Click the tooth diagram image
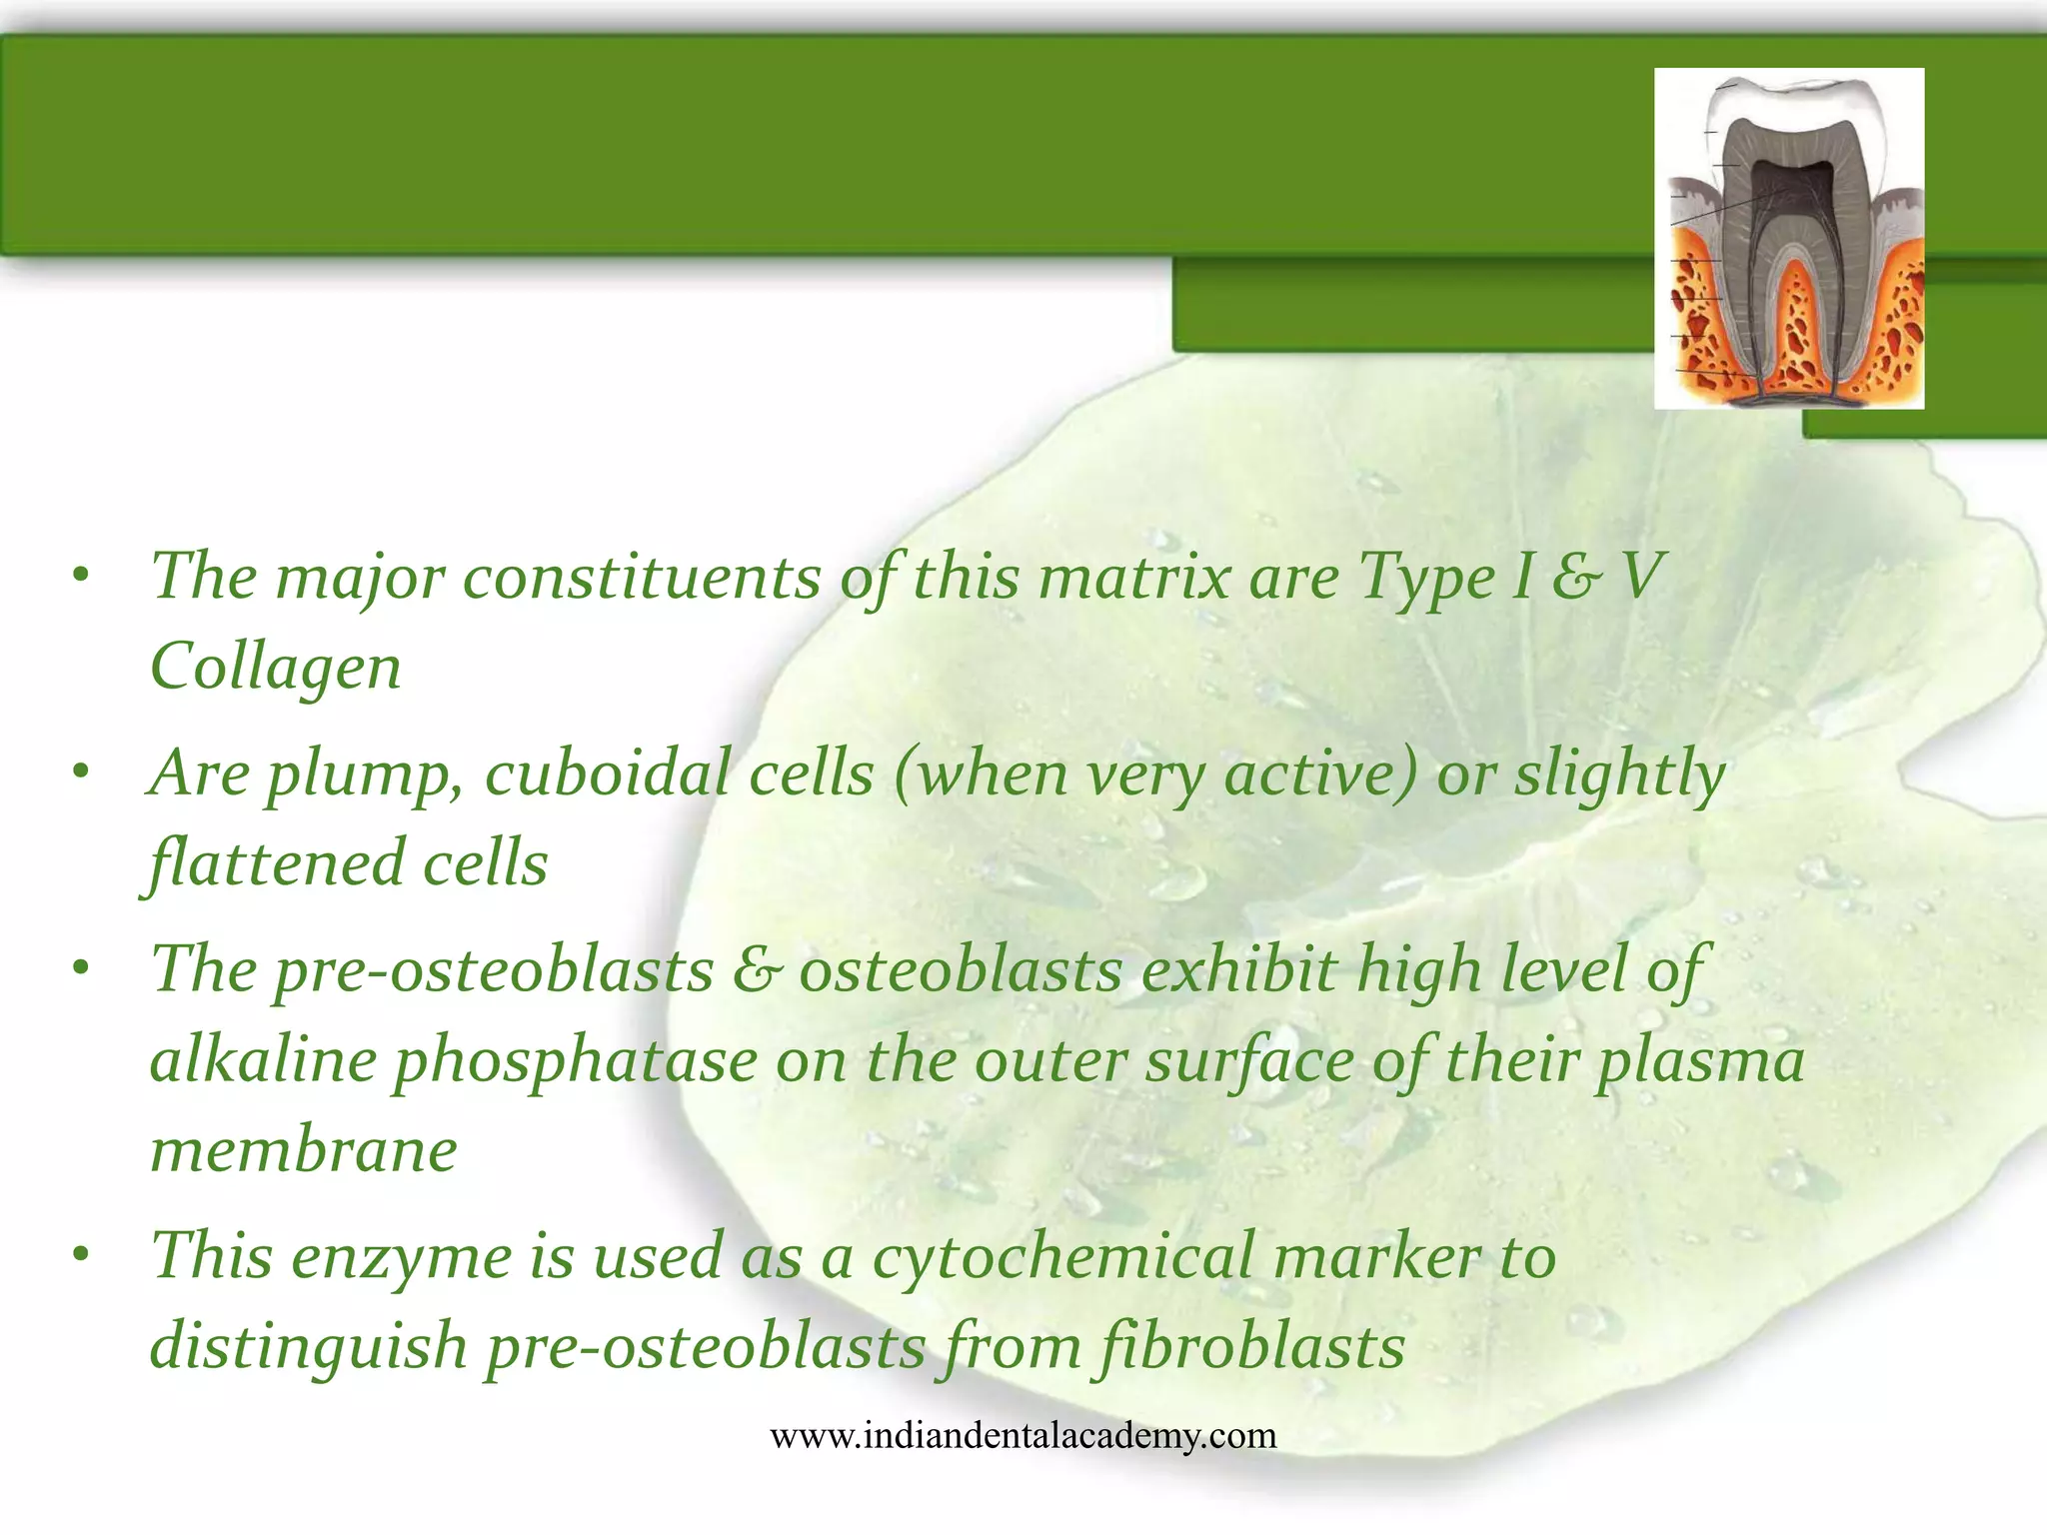tap(1788, 238)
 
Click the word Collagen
tap(275, 667)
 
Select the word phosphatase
tap(576, 1061)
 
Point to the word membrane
tap(303, 1150)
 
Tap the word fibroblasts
tap(1250, 1346)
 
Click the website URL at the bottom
tap(1023, 1436)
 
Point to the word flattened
tap(275, 863)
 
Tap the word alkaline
tap(263, 1061)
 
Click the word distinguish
tap(309, 1346)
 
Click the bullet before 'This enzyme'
tap(82, 1253)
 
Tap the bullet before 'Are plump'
tap(82, 771)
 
